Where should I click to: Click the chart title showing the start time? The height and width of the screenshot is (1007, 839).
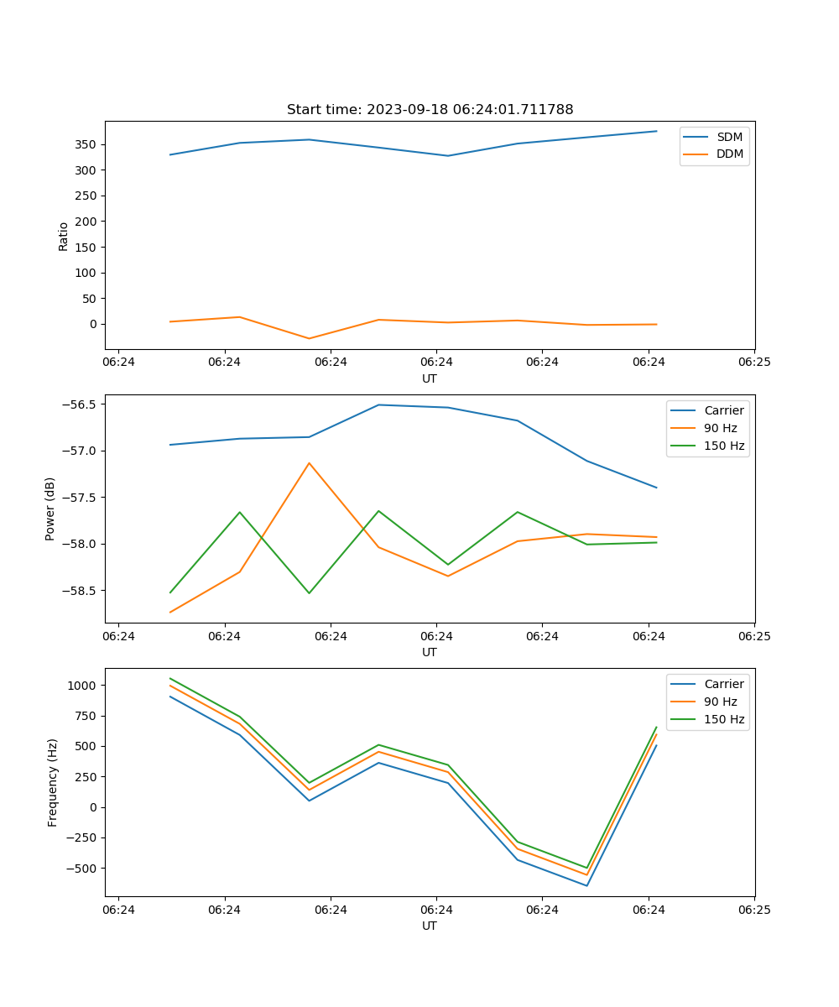click(430, 110)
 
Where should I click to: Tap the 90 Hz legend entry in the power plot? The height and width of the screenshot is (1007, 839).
click(720, 428)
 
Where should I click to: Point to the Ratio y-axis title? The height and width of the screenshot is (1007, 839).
click(64, 236)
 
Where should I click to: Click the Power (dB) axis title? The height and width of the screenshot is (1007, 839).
click(50, 509)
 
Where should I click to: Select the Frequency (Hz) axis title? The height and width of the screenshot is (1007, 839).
click(52, 782)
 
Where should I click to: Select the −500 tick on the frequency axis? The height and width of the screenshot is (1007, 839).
click(82, 869)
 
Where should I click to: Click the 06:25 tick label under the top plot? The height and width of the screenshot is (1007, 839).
click(753, 362)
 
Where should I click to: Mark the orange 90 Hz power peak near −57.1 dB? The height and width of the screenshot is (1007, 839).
click(309, 463)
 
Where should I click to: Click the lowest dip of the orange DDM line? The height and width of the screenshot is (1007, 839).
click(309, 338)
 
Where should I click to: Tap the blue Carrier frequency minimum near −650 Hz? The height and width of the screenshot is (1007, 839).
click(586, 885)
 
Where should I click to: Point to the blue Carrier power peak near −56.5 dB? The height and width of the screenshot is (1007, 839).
click(378, 404)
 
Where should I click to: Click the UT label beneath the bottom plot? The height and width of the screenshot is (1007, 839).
click(430, 926)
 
